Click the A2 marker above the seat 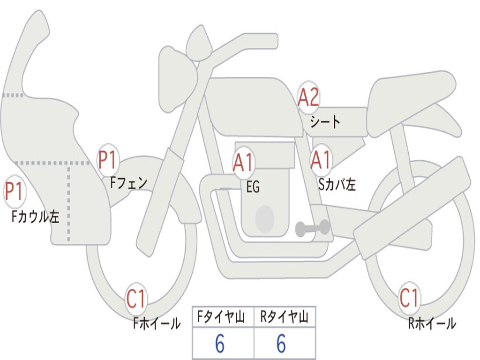308,97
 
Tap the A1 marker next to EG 243,162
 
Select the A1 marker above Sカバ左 321,160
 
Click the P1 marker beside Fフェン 108,160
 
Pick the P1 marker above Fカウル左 15,191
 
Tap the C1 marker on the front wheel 136,299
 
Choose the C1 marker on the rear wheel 409,298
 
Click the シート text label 325,122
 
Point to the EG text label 253,187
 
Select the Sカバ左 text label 337,184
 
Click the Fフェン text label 128,183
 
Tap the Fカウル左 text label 35,217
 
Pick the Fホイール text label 157,323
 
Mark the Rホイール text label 432,323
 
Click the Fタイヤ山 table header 221,317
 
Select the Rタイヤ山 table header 285,317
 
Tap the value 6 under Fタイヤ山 220,344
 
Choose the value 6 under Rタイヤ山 281,344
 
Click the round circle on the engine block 265,219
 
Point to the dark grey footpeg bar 313,228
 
